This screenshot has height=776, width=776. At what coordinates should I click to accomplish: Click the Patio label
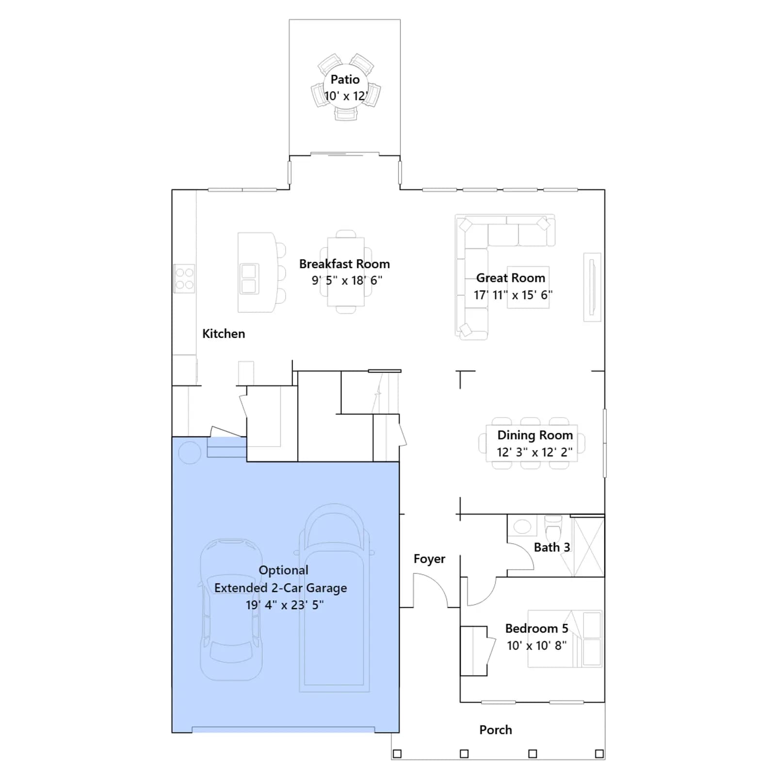345,80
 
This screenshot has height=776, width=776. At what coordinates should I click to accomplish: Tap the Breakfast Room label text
344,264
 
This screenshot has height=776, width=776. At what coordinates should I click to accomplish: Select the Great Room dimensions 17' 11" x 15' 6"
513,295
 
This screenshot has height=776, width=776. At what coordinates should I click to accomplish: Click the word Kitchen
224,334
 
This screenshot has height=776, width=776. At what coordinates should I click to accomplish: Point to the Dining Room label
535,435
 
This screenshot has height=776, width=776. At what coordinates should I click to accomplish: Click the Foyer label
429,559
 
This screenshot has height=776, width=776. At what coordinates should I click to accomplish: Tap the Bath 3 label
552,547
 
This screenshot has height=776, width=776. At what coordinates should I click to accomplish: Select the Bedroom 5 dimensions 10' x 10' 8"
536,646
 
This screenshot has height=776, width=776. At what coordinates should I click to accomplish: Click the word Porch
496,730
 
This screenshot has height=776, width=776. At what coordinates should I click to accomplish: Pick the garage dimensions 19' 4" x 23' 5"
285,605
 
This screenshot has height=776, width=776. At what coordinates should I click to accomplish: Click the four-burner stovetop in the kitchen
184,278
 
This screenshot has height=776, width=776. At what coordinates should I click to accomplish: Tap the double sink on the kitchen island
249,279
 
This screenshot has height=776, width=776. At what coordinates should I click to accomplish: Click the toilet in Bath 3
553,525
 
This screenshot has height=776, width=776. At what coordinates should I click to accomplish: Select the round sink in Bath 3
522,526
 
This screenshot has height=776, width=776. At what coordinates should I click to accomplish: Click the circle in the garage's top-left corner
190,452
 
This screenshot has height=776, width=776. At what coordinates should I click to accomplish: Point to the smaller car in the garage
231,610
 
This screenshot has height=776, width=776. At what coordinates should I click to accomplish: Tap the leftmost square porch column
397,754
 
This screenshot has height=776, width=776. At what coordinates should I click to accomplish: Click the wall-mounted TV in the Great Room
592,287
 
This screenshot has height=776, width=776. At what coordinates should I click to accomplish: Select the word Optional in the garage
283,570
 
